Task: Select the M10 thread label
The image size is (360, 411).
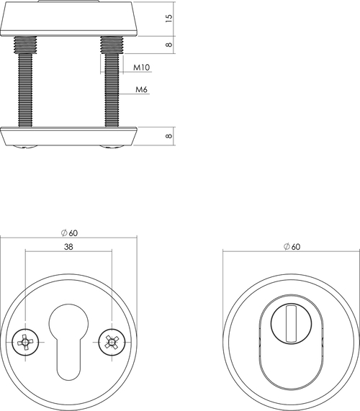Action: (141, 68)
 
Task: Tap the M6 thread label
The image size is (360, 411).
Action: (141, 90)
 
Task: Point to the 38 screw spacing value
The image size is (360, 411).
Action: (68, 246)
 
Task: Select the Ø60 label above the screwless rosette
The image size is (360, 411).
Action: (291, 246)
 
